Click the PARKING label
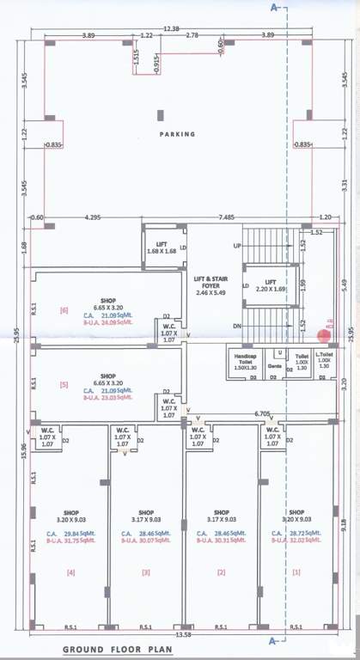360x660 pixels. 177,134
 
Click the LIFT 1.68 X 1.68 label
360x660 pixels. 162,247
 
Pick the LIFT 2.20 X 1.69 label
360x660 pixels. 270,285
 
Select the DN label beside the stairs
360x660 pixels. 236,326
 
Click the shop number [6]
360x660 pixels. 64,309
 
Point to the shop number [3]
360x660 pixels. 146,571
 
